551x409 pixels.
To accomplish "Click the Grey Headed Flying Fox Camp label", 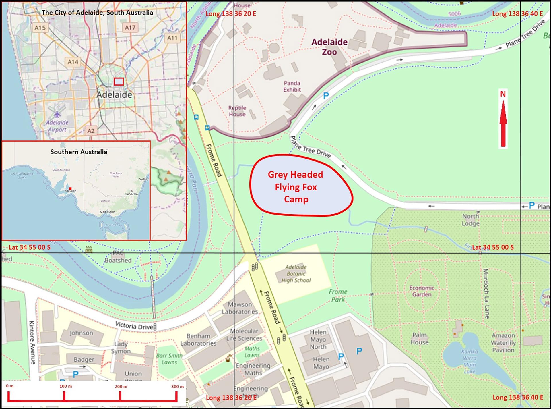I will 296,187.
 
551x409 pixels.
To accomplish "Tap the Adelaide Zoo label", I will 329,47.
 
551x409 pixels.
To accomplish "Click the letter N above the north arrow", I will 503,94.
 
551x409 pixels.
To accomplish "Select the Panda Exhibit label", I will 292,86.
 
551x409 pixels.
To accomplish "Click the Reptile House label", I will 237,111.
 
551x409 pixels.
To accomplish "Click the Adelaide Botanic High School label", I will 296,274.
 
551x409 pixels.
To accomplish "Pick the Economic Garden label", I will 422,291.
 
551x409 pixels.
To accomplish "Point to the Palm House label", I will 419,339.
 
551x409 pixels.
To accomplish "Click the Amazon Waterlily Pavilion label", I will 503,343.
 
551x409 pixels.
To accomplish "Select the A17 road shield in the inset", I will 130,28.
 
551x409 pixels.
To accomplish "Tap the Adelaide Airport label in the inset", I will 57,126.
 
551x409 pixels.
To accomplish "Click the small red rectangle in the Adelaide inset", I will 119,82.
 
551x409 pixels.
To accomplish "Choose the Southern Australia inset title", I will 79,152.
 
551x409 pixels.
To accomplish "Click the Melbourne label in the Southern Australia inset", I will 107,212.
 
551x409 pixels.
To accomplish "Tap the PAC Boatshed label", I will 118,257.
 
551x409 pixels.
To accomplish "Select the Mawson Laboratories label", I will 240,308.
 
